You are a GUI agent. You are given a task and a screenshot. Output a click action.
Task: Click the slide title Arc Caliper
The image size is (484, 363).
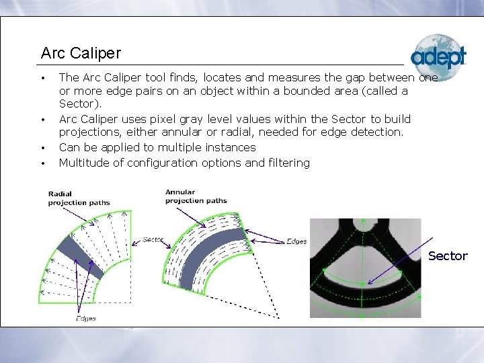[81, 52]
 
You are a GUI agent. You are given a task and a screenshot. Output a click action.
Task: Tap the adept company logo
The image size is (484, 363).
[438, 57]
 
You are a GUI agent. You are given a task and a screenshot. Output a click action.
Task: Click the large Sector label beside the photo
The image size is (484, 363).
[447, 255]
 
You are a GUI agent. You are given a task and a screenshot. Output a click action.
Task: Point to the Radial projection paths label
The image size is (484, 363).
[79, 198]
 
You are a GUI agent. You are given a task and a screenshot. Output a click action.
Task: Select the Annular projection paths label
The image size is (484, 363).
[196, 196]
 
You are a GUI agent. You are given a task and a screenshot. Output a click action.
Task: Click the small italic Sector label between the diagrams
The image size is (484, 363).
[153, 239]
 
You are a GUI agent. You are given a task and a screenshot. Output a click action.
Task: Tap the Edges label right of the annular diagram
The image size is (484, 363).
[296, 241]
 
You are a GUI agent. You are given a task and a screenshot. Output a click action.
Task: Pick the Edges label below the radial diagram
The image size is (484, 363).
[86, 318]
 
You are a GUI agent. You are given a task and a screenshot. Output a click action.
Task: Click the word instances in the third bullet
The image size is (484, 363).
[232, 147]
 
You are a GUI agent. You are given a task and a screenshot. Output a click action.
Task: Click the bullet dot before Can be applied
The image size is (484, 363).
[42, 148]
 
